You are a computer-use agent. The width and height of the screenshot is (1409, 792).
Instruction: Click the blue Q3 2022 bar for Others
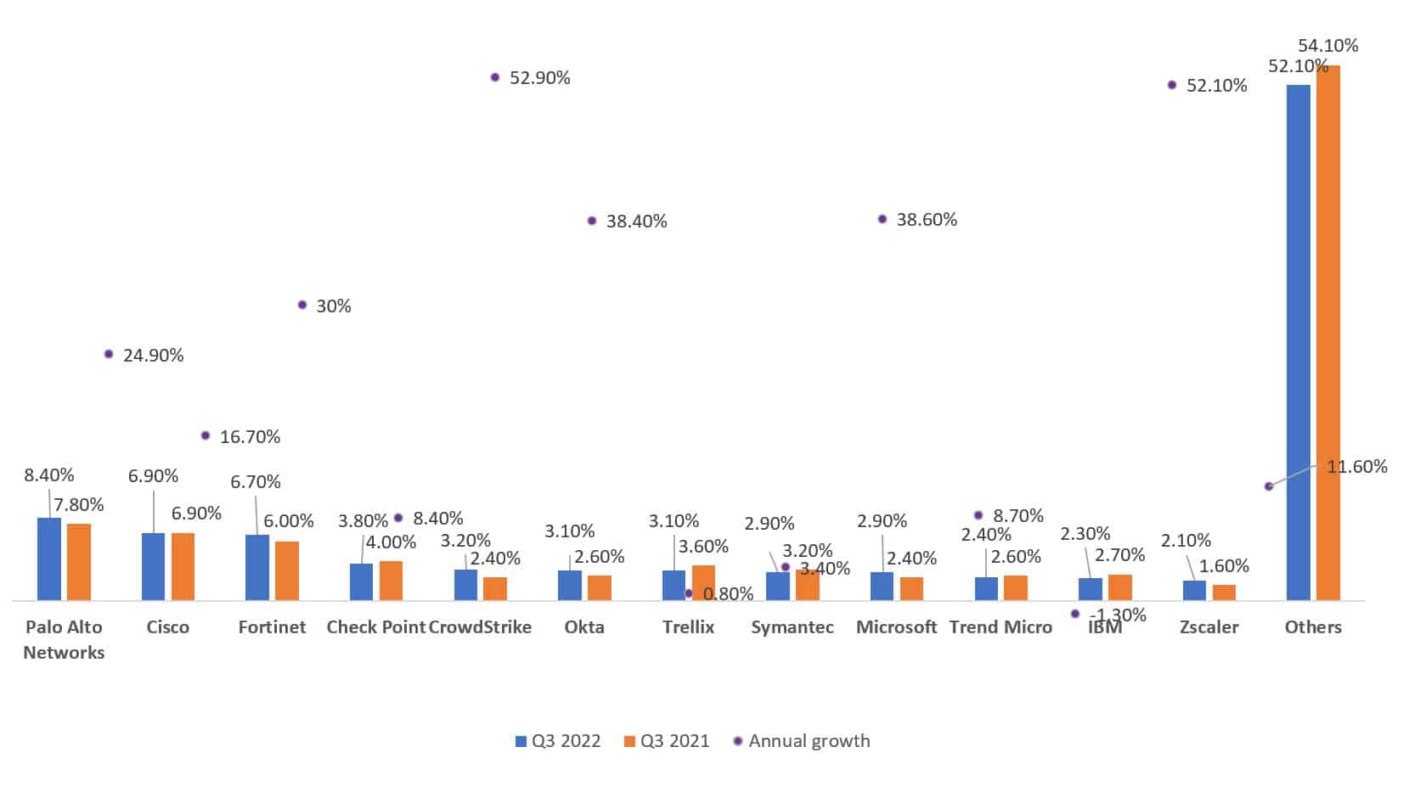coord(1298,340)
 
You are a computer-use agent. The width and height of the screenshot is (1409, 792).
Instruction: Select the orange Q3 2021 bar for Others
coord(1327,331)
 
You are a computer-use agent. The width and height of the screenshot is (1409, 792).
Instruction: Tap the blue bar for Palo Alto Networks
coord(49,559)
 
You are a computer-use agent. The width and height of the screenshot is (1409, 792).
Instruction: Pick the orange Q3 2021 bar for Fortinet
coord(287,570)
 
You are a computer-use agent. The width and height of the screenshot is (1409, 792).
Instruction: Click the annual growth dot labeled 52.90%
coord(495,77)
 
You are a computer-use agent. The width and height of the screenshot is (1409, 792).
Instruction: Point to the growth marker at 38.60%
coord(882,219)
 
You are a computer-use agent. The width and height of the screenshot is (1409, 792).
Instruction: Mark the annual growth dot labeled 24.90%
coord(109,354)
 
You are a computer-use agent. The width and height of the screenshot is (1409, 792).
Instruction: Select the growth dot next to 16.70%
coord(206,435)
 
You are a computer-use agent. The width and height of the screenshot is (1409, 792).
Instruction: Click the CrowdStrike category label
coord(480,627)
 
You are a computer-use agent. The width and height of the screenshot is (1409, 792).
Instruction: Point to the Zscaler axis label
coord(1209,627)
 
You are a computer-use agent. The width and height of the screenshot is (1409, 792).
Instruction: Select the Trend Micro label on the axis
coord(1000,627)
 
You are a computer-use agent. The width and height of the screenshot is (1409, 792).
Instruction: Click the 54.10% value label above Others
coord(1327,46)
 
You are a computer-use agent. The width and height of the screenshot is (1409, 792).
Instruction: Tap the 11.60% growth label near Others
coord(1356,466)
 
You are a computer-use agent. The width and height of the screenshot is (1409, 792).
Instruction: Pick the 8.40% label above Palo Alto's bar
coord(49,475)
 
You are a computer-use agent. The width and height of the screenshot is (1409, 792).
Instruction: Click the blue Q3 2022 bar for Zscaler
coord(1194,590)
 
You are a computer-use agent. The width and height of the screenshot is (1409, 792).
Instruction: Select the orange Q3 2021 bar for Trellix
coord(703,582)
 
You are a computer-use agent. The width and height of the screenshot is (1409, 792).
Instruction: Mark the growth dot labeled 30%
coord(302,305)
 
